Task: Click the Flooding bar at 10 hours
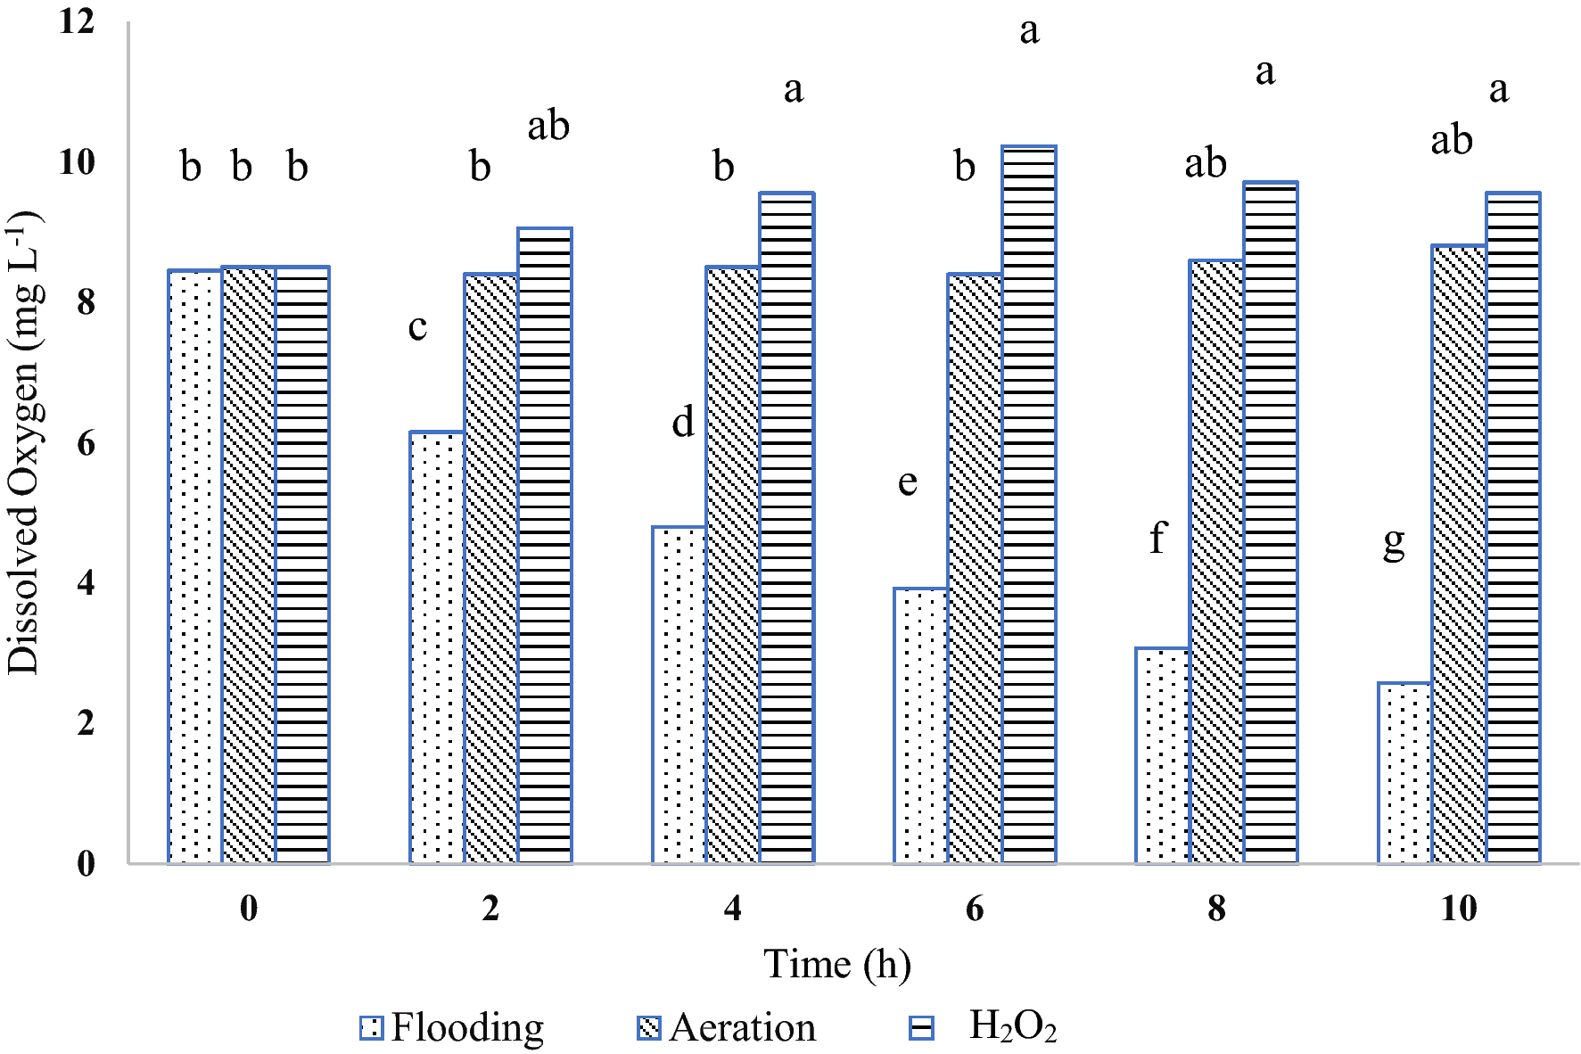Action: click(x=1404, y=773)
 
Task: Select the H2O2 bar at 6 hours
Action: click(x=1029, y=505)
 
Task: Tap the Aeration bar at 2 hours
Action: click(x=490, y=568)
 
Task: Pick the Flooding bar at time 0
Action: click(x=194, y=566)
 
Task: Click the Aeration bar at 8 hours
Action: click(x=1216, y=561)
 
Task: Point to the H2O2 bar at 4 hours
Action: click(x=786, y=528)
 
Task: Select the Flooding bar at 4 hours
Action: click(x=679, y=695)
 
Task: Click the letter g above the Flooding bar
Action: click(x=1394, y=541)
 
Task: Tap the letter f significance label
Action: click(x=1157, y=538)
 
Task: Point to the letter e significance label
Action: click(x=907, y=482)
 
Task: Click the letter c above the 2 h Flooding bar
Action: click(x=417, y=327)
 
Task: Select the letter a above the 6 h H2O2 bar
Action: click(x=1029, y=31)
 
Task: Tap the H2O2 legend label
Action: click(x=1012, y=1026)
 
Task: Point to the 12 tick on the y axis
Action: click(x=77, y=21)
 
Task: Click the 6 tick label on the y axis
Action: click(x=86, y=442)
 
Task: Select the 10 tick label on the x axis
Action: click(x=1459, y=909)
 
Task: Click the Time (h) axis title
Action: click(x=837, y=965)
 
